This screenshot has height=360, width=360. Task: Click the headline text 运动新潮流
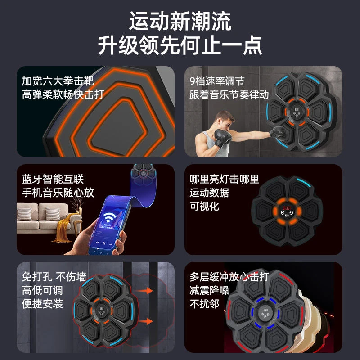[x=180, y=21]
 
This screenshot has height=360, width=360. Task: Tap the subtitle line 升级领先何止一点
[x=180, y=45]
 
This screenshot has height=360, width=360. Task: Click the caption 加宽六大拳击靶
[x=58, y=81]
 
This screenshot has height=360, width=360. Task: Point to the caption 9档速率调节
[x=217, y=81]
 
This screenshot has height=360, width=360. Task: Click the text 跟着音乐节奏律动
[x=229, y=95]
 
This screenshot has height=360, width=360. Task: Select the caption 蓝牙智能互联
[x=53, y=179]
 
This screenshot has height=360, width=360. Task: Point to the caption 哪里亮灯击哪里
[x=224, y=179]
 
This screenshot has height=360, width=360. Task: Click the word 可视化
[x=204, y=206]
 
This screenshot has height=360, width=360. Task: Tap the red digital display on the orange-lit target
[x=286, y=209]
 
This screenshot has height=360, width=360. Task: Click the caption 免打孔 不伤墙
[x=54, y=276]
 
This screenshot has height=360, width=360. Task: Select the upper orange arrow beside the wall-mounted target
[x=145, y=291]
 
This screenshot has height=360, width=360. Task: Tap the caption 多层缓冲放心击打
[x=229, y=276]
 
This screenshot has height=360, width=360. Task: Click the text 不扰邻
[x=204, y=304]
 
